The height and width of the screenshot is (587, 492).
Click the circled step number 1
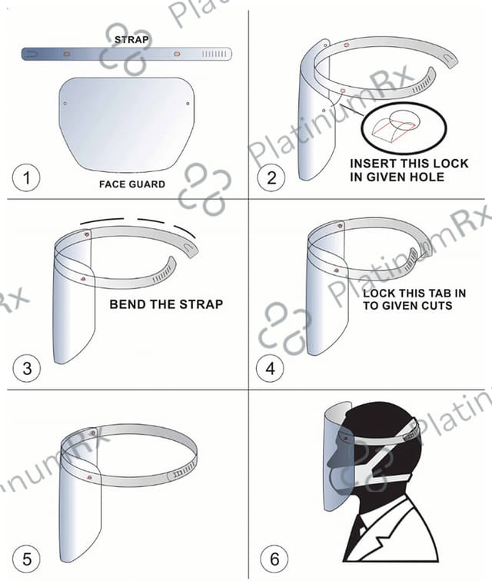27,177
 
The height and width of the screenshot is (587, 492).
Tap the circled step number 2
271,177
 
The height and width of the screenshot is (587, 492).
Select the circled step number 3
27,368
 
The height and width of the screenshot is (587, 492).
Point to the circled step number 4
270,368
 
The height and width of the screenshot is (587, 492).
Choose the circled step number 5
27,559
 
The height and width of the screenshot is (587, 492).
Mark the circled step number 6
274,559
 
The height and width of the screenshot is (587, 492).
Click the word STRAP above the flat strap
131,39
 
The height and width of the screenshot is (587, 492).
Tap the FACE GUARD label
132,184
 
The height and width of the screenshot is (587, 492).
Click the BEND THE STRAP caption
166,304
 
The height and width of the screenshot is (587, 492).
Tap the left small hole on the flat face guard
65,104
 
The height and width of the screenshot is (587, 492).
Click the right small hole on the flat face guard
188,104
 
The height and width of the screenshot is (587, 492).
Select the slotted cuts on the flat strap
214,55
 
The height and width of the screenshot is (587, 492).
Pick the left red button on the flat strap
67,55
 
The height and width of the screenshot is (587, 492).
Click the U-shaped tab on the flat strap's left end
32,55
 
